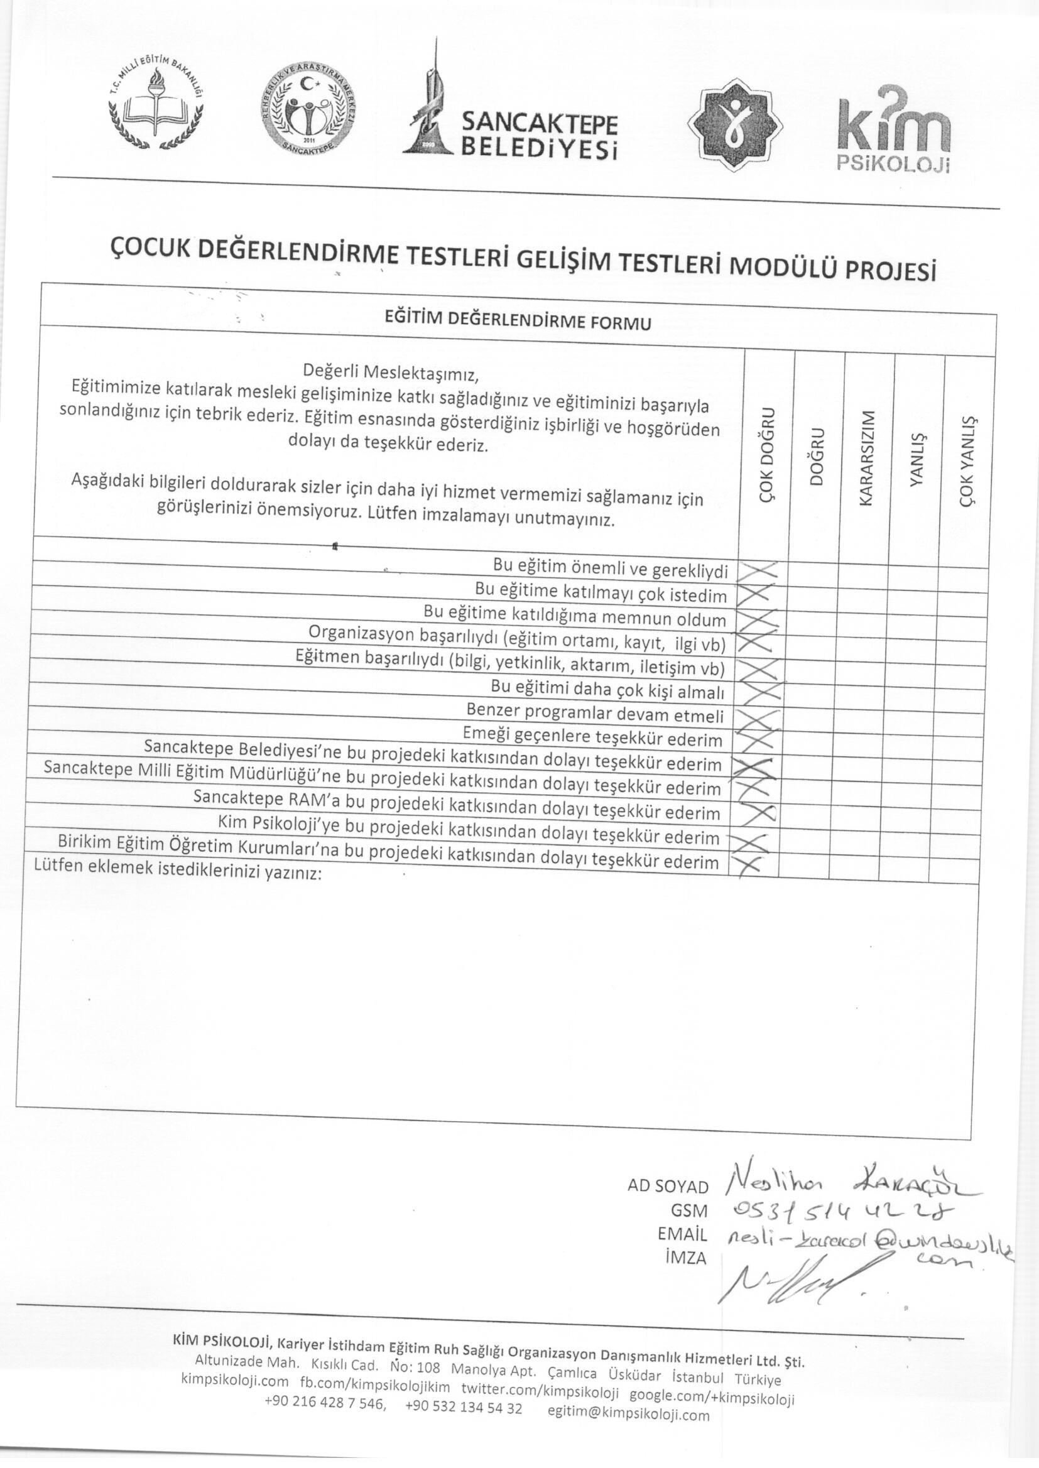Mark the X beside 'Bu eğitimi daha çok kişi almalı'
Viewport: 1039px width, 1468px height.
(758, 691)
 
